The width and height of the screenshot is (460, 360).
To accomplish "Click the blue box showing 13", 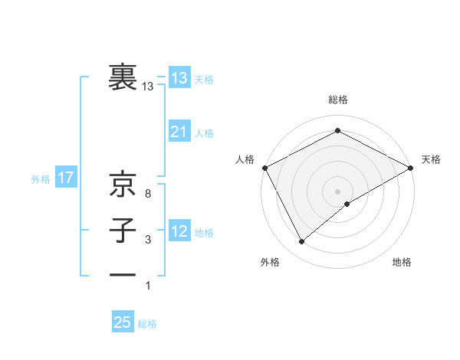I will click(179, 78).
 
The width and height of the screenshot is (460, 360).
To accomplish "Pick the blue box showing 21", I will click(179, 132).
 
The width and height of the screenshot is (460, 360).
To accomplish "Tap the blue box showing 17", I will click(66, 178).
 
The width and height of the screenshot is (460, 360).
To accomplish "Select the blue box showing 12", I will click(179, 231).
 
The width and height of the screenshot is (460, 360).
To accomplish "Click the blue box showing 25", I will click(123, 322).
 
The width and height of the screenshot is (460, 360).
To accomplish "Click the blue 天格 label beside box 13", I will click(204, 80).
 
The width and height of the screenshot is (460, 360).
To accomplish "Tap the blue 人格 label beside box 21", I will click(204, 133).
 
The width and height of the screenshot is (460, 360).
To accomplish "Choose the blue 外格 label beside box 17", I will click(41, 180).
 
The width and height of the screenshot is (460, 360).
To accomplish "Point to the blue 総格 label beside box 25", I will click(148, 324).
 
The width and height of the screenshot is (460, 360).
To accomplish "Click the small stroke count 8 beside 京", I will click(148, 194).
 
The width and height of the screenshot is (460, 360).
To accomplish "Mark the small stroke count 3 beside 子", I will click(148, 240).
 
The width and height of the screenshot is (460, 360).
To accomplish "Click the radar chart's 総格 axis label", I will click(338, 100).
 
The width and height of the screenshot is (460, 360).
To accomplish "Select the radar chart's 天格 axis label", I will click(431, 159).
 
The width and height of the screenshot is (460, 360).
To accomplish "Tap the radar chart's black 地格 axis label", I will click(402, 263).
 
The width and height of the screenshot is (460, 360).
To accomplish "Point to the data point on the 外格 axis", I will click(302, 242).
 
